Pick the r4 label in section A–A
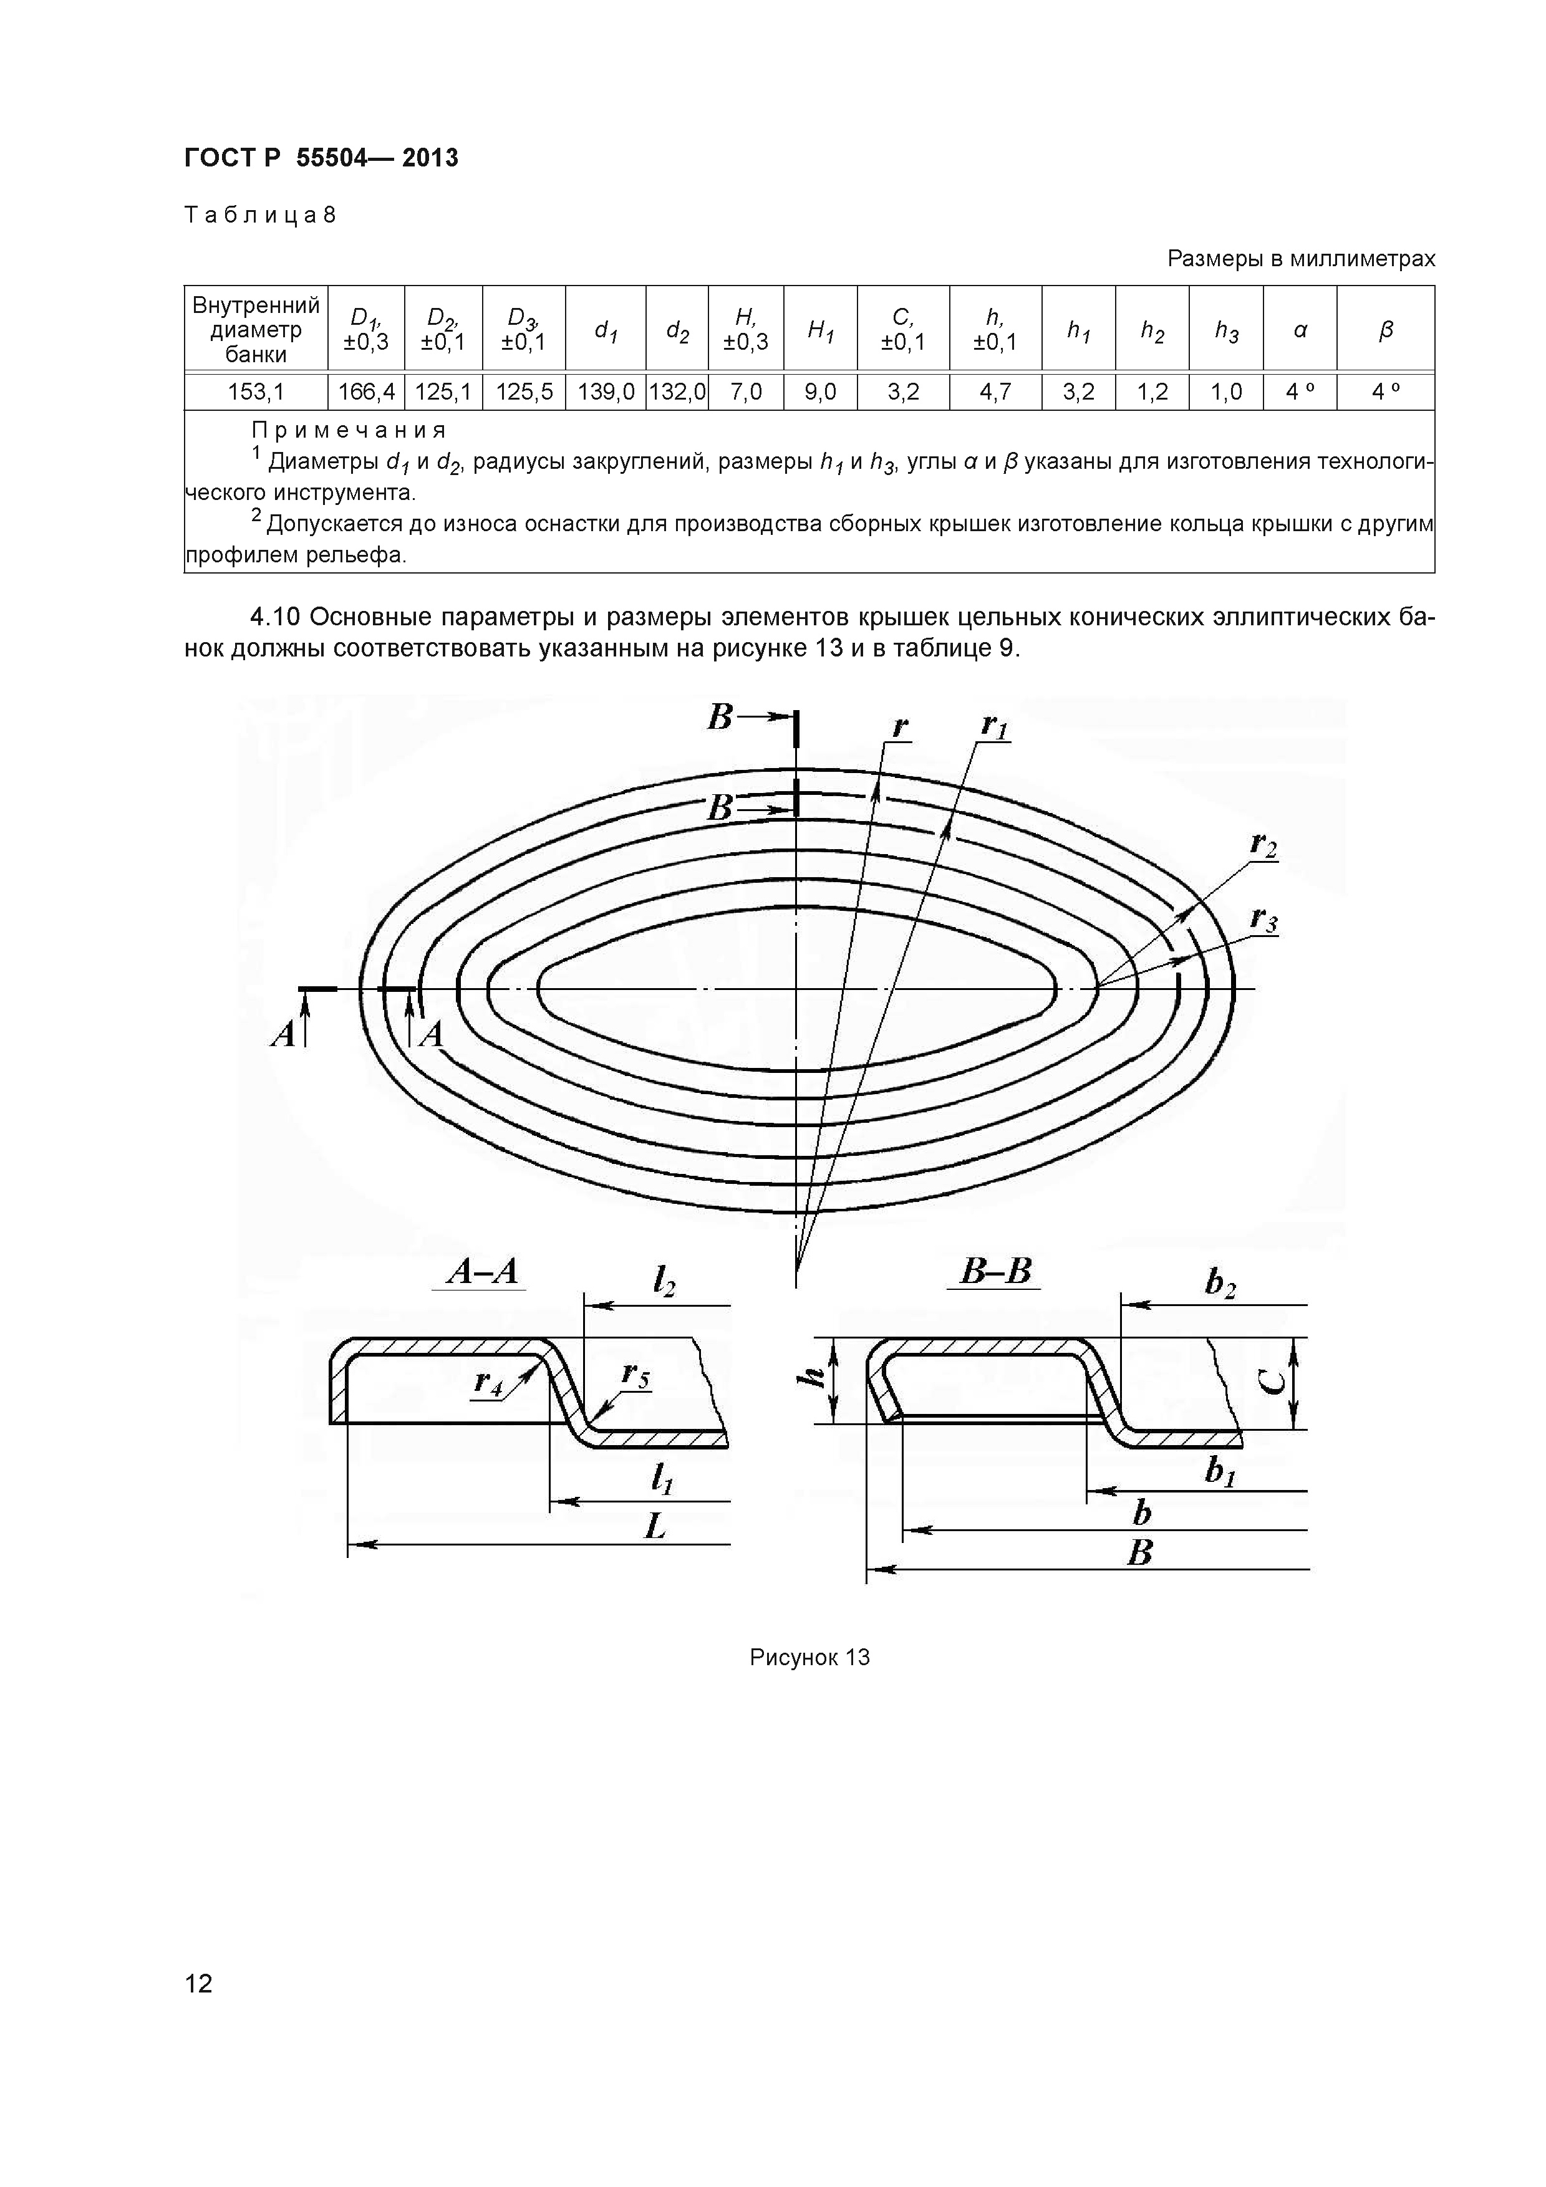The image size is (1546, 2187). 489,1382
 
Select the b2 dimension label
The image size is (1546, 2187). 1220,1284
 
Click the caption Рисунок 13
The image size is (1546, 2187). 809,1658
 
